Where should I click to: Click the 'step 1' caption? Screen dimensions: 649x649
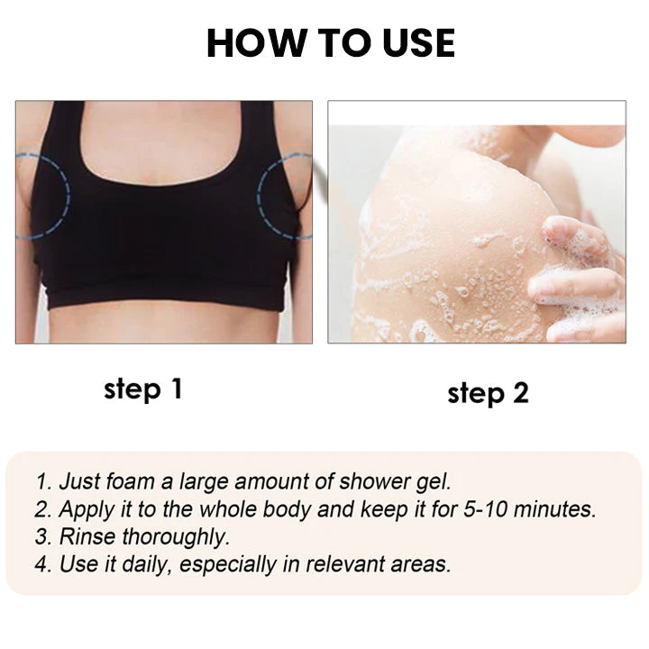(x=142, y=389)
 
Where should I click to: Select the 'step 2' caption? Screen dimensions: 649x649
(x=488, y=393)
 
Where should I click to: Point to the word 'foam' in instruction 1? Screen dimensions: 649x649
(x=130, y=481)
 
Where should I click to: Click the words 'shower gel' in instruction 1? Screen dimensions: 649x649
(x=395, y=482)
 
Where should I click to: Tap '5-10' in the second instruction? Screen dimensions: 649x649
(x=485, y=509)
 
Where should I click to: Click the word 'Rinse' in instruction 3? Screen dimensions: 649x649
(x=87, y=537)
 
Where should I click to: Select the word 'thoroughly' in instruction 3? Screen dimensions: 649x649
(x=176, y=537)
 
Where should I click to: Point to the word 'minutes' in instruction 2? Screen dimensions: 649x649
(x=554, y=509)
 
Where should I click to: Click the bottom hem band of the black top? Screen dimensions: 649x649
(x=165, y=298)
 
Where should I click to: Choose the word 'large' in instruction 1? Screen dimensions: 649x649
(x=203, y=482)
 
